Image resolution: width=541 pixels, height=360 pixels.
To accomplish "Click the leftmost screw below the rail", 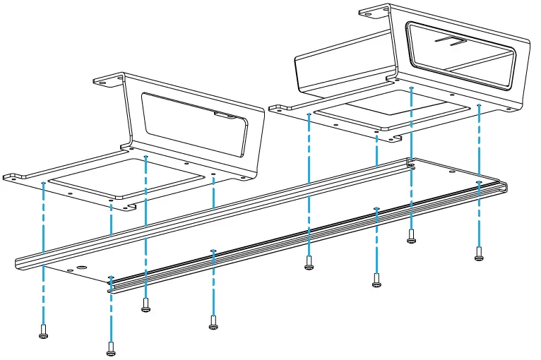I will [43, 331].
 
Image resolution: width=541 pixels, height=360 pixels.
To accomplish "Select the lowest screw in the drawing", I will [111, 347].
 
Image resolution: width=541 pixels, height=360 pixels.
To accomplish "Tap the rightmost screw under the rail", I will [479, 253].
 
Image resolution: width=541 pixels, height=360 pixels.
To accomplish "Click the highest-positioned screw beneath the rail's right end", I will [411, 236].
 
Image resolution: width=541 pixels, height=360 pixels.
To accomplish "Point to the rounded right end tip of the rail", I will [506, 187].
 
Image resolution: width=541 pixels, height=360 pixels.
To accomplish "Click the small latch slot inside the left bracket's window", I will [226, 114].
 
